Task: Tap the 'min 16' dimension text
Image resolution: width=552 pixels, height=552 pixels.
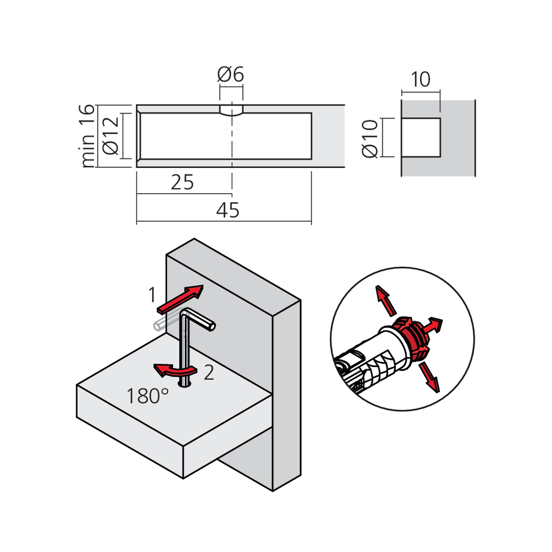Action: coord(88,135)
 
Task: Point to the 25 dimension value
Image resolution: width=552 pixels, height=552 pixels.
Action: coord(182,182)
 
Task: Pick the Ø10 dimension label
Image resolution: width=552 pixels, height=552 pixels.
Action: coord(370,138)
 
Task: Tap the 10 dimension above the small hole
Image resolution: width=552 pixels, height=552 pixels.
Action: coord(421,80)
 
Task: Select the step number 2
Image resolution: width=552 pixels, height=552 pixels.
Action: coord(208,373)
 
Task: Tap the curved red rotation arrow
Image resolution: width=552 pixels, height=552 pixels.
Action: coord(172,370)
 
